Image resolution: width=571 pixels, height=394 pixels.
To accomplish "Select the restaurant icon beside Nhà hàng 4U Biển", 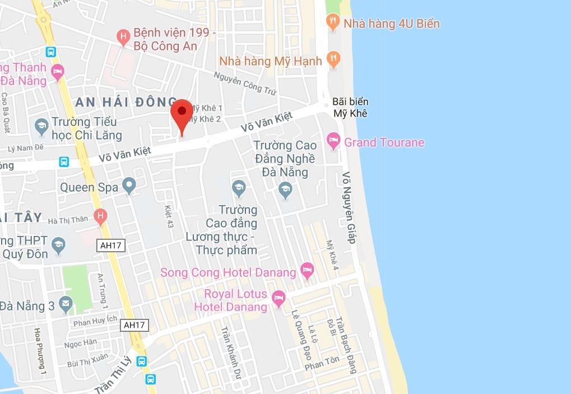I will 333,23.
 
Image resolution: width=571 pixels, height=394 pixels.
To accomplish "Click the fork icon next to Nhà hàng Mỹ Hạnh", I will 333,59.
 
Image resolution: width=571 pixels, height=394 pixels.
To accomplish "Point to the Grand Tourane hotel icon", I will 334,141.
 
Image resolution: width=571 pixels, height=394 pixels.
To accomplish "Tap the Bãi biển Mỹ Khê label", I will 350,108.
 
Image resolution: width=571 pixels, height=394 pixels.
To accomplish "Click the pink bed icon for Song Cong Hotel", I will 307,271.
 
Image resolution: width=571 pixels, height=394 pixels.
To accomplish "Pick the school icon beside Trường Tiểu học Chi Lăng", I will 41,126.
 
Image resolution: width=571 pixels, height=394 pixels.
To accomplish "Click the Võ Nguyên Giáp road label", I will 349,207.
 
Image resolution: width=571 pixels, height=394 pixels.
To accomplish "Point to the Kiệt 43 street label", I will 169,216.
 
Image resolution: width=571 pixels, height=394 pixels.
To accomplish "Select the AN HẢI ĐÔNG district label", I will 126,102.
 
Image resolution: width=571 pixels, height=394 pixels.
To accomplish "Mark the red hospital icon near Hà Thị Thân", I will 101,216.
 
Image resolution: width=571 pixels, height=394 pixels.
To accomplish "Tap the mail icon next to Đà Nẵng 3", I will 66,304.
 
